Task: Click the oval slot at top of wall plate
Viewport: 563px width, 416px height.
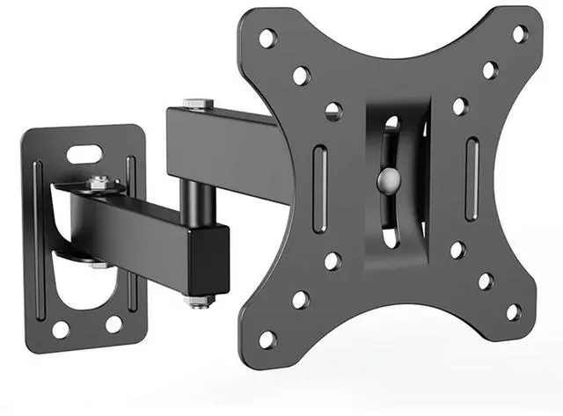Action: click(x=84, y=155)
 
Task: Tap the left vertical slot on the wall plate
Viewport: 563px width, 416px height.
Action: click(x=38, y=237)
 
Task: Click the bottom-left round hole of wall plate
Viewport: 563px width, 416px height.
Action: click(x=61, y=330)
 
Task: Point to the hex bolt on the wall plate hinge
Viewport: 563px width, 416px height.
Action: click(x=103, y=183)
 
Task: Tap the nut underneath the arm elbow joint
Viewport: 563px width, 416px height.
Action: click(x=199, y=301)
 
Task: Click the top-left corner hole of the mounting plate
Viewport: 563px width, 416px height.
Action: click(x=267, y=38)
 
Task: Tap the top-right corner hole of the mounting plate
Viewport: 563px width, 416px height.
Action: click(x=520, y=33)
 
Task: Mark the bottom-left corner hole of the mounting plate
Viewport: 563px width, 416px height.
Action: click(x=267, y=339)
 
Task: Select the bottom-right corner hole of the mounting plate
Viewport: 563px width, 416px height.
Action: click(x=513, y=311)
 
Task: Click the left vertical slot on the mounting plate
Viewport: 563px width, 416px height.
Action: click(x=319, y=188)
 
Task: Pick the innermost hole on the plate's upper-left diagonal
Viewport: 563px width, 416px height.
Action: click(x=333, y=111)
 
